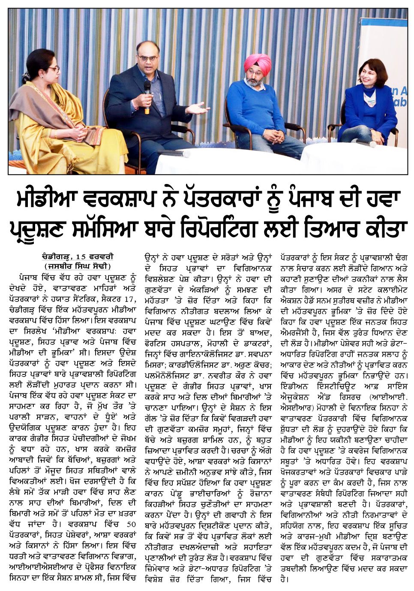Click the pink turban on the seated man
[257, 63]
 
